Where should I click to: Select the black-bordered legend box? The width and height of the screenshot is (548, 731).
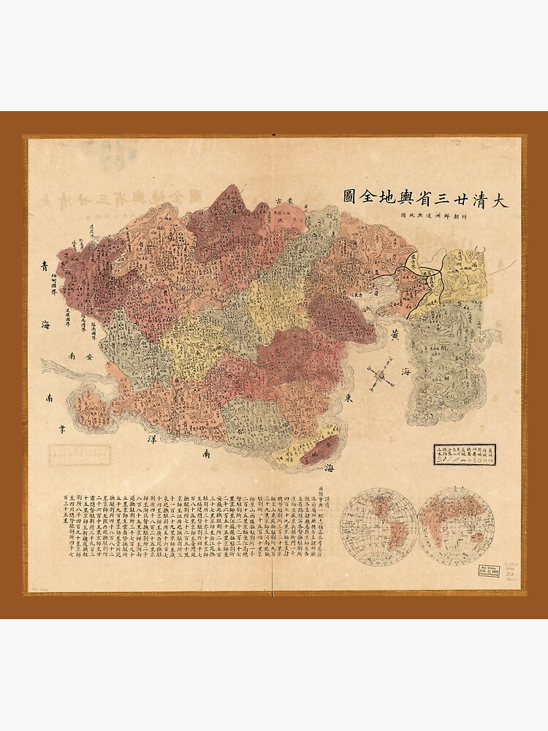coord(461,450)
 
